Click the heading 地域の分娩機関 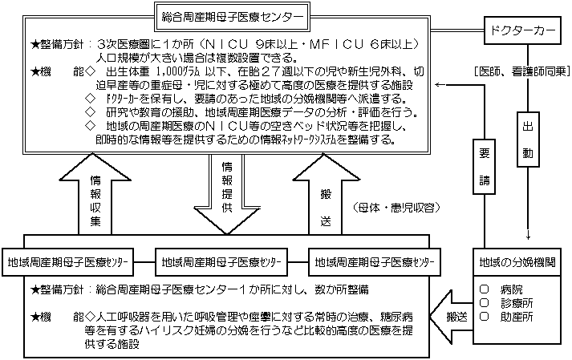tap(518, 262)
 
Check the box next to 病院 tap(484, 288)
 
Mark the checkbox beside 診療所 tap(484, 302)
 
